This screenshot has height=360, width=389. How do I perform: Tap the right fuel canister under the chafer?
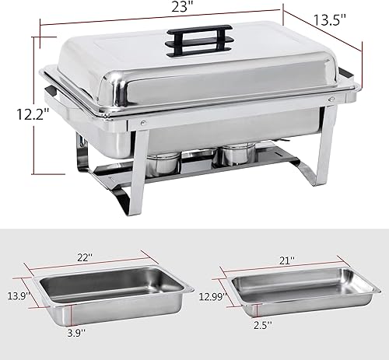point(234,153)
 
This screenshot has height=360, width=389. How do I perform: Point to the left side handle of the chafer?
point(54,97)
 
